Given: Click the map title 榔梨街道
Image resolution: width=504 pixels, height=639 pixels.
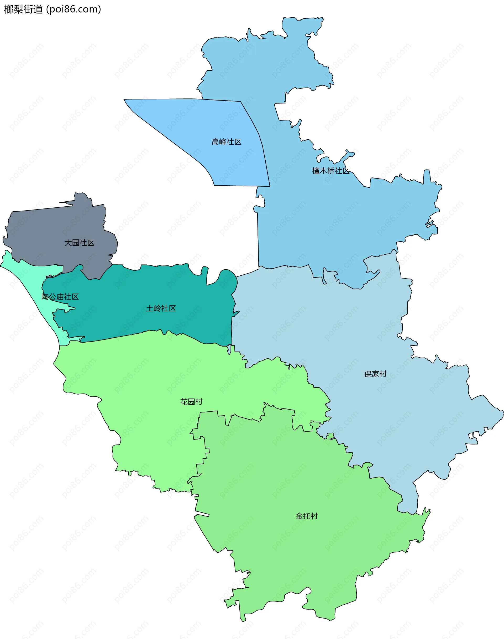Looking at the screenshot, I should (x=23, y=9).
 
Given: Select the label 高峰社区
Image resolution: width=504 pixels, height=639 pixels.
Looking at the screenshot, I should (x=226, y=142).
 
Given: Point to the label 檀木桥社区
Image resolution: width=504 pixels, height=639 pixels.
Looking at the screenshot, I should (x=330, y=171).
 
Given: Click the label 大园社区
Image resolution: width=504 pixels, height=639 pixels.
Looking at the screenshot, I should (x=79, y=243).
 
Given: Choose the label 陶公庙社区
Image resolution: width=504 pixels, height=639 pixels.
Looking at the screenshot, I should (x=60, y=297).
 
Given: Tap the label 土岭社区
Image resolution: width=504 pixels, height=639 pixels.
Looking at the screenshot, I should (x=161, y=308).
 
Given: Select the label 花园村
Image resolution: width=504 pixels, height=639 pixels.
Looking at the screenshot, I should (x=191, y=402).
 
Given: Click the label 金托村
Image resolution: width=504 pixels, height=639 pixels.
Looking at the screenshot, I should (x=307, y=516).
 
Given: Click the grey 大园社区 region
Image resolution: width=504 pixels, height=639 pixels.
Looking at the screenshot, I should (x=53, y=227).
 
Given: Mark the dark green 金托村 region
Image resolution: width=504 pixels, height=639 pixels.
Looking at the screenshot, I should (x=295, y=561).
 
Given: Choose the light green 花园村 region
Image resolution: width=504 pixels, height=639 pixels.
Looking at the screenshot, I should (x=148, y=384).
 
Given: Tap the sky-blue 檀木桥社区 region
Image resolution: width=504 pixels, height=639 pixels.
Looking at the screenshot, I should (x=325, y=221).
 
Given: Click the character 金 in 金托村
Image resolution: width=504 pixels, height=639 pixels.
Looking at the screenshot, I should (x=299, y=516).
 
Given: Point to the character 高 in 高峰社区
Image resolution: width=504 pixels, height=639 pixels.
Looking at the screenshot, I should (x=215, y=142).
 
